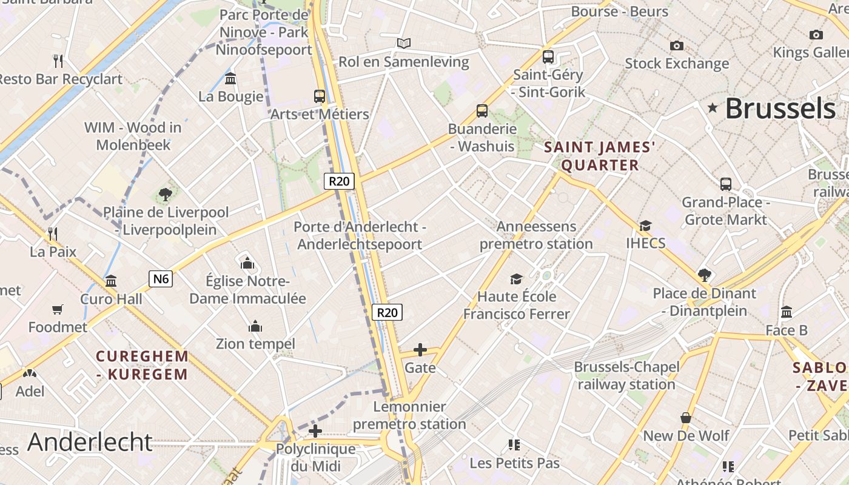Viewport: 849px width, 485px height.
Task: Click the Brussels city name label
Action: click(780, 109)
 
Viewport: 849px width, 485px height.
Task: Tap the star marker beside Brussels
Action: click(713, 108)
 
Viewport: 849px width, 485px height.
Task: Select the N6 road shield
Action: click(161, 279)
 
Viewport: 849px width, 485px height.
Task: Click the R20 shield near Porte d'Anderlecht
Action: click(339, 181)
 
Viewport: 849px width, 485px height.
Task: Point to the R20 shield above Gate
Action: click(387, 312)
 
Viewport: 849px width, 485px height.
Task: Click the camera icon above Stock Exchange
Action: click(677, 45)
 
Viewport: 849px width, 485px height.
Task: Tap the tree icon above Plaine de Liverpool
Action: click(165, 195)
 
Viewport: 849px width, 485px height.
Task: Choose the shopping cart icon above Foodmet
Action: click(58, 310)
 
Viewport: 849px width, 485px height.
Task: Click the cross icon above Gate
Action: click(420, 350)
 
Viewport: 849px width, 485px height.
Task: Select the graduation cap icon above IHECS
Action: click(645, 226)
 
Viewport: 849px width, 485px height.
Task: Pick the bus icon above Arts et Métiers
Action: click(320, 96)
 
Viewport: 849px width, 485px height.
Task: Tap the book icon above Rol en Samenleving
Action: click(404, 43)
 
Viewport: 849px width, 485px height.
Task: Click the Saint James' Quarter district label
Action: click(600, 156)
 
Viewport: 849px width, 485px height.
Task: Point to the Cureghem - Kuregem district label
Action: click(143, 365)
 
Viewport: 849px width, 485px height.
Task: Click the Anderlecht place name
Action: click(90, 442)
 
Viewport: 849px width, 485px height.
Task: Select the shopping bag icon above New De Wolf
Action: click(686, 418)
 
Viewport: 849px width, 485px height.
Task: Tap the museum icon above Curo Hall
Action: click(111, 281)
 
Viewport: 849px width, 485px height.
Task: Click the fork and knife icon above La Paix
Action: click(53, 233)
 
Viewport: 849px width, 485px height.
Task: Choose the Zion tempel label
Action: click(255, 344)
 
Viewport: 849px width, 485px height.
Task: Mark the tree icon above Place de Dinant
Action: click(704, 275)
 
